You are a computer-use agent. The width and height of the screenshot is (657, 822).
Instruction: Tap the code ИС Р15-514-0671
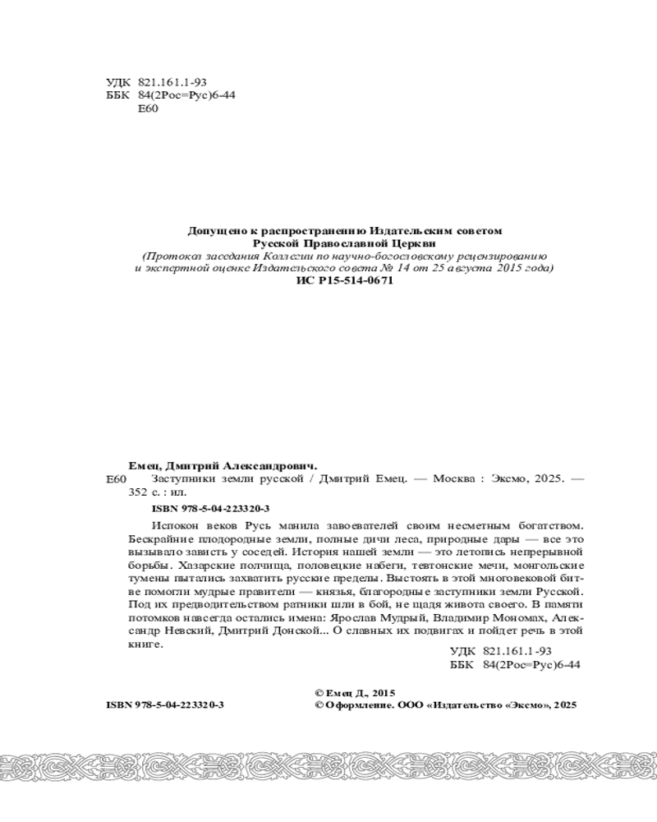pos(344,280)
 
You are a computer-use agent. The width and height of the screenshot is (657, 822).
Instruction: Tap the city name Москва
pos(453,479)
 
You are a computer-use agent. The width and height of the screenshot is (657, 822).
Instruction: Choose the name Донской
pos(300,631)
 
